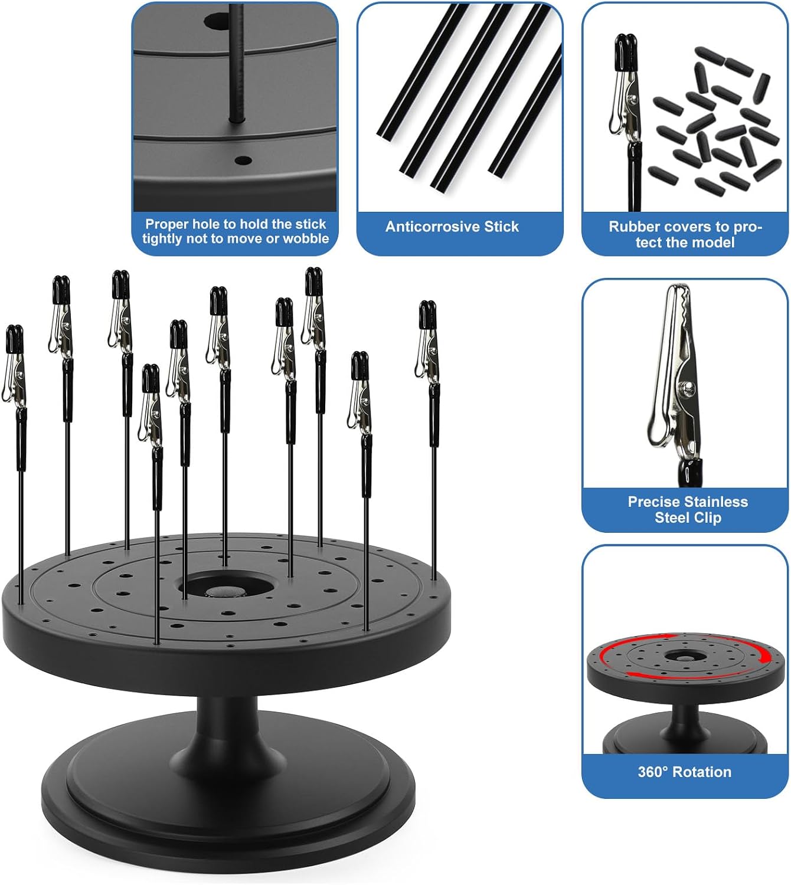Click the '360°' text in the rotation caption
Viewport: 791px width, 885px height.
[x=653, y=772]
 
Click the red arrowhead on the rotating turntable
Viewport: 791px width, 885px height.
[x=764, y=655]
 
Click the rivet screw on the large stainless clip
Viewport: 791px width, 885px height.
[x=687, y=386]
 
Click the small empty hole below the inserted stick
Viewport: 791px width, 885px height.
[x=243, y=160]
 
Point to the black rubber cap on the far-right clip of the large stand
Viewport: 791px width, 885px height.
[x=427, y=314]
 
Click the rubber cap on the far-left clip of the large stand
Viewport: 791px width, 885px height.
[x=14, y=339]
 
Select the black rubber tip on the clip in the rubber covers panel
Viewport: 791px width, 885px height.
[x=625, y=52]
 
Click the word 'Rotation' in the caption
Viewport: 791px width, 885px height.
[x=702, y=772]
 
